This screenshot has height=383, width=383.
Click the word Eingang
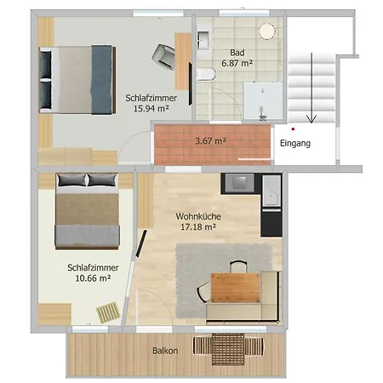click(294, 144)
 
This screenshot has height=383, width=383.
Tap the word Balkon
click(165, 350)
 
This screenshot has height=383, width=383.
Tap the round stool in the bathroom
click(266, 31)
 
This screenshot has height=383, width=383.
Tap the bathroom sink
click(205, 39)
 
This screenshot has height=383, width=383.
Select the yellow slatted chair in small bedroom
click(109, 312)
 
